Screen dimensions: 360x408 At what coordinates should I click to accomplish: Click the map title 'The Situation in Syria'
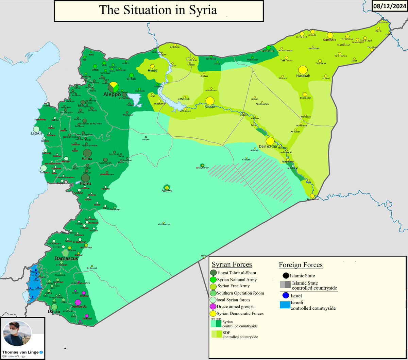[158, 10]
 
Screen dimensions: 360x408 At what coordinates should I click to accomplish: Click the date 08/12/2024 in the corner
[390, 6]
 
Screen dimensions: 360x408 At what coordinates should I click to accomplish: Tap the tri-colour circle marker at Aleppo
[114, 87]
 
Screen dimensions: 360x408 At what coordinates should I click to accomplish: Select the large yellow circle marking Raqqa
[210, 101]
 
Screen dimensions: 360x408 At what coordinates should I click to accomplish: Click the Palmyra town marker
[167, 187]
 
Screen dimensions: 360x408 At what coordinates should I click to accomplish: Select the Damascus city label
[66, 258]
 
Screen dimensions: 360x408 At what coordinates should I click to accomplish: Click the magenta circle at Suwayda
[78, 302]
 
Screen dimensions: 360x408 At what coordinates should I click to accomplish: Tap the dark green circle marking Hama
[87, 153]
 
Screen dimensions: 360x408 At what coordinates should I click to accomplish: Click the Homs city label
[85, 184]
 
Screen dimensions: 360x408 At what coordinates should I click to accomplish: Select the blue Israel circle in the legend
[286, 296]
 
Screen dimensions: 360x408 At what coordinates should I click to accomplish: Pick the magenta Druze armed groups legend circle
[214, 307]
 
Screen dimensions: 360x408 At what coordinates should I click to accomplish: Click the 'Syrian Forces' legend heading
[232, 264]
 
